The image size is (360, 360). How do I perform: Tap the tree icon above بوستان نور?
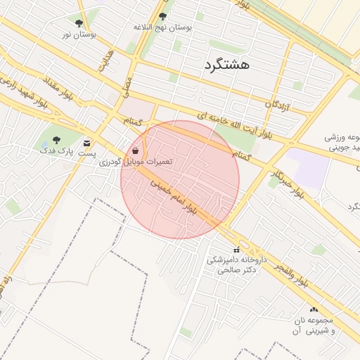click(x=79, y=23)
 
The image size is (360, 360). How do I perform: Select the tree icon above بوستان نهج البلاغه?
click(x=163, y=16)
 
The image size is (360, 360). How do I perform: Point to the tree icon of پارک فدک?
click(x=56, y=140)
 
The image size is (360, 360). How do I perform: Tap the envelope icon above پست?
click(x=86, y=141)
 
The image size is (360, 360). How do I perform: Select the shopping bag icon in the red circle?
click(x=135, y=151)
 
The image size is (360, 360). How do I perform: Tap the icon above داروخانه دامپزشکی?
click(x=236, y=250)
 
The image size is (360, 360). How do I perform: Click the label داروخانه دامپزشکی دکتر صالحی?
click(x=236, y=264)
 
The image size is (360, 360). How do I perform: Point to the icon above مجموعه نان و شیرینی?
click(x=314, y=309)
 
